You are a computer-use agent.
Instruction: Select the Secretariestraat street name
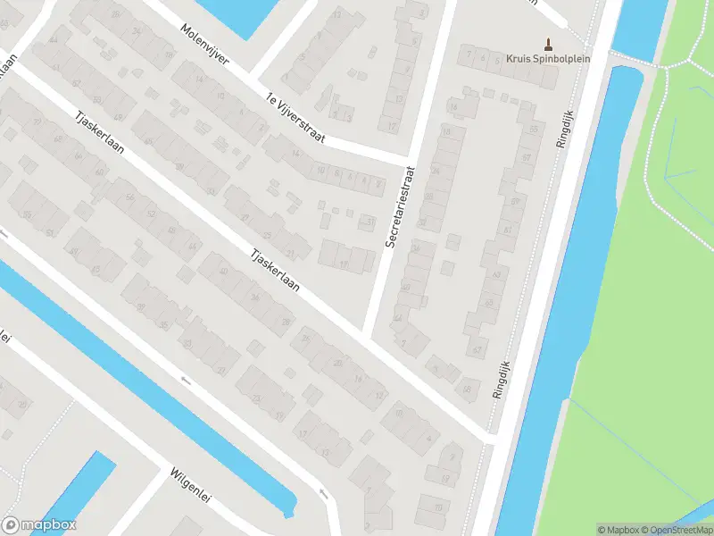[399, 207]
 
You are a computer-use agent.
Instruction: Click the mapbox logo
[39, 525]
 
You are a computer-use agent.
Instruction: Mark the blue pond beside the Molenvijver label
[234, 11]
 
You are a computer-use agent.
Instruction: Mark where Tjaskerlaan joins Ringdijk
[489, 438]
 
